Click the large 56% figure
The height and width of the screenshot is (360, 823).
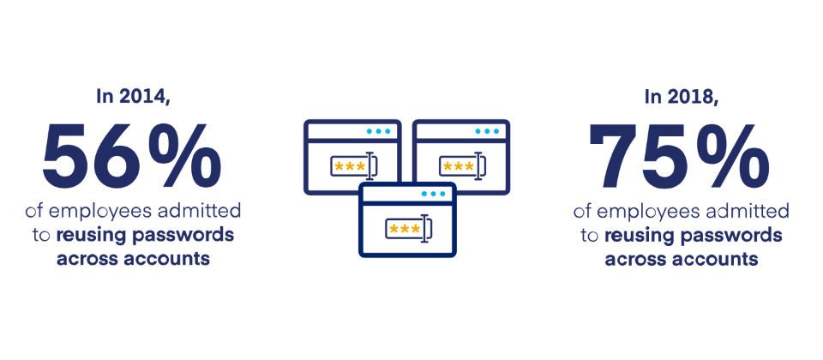coord(132,157)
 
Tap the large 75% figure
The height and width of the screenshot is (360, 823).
coord(679,157)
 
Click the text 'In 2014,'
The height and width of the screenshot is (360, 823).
coord(134,97)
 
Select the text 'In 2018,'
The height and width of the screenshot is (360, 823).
coord(682,97)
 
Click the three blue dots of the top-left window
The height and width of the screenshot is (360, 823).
coord(379,131)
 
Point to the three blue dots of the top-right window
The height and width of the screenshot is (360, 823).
coord(487,131)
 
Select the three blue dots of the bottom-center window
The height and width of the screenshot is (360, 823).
coord(434,194)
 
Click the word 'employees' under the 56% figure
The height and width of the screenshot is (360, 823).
coord(100,212)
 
